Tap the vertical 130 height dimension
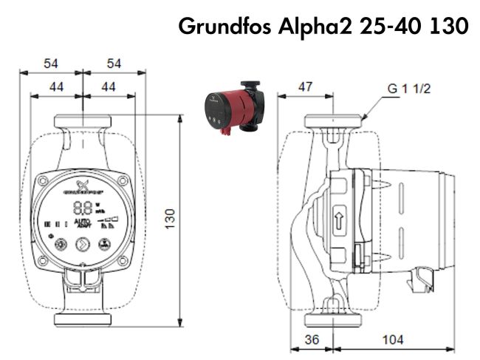[170, 218]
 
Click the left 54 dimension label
[50, 64]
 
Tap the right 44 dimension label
[109, 86]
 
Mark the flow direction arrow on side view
[338, 219]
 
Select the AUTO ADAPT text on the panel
[83, 223]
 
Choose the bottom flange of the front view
[83, 319]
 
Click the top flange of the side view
[337, 120]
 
